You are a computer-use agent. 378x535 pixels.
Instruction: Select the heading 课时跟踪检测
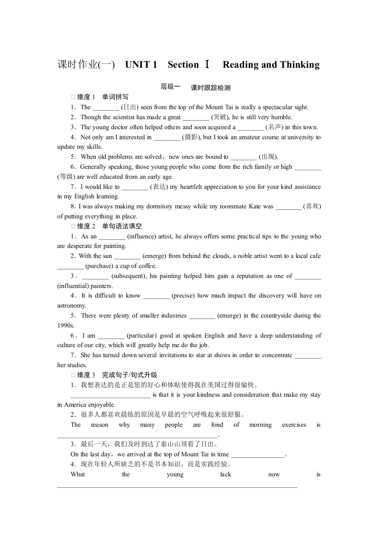coord(210,88)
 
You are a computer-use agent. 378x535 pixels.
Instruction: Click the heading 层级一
coord(171,87)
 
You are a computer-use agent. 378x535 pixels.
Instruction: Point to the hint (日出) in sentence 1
coord(130,107)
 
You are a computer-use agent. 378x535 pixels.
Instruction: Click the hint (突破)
coord(221,117)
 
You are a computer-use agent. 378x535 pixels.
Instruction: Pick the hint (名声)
coord(275,127)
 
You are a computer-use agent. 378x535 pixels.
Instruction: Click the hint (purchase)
coord(101,266)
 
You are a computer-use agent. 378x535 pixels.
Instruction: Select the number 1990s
coord(66,325)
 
